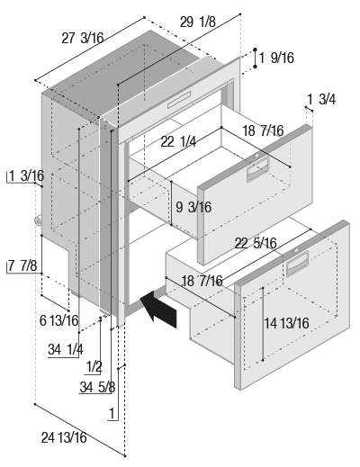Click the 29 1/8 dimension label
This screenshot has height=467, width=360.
click(x=198, y=22)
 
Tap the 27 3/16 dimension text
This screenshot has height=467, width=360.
click(x=83, y=39)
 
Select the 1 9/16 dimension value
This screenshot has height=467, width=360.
click(x=276, y=58)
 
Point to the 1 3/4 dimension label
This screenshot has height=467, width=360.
click(x=321, y=99)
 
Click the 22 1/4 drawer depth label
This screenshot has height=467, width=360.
click(x=178, y=141)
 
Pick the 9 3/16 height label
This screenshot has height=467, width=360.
click(x=193, y=207)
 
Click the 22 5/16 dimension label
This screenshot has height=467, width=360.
click(x=256, y=243)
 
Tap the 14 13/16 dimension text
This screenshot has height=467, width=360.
click(x=286, y=323)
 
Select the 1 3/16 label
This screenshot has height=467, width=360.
click(x=27, y=175)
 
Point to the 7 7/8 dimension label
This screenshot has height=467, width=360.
click(x=22, y=265)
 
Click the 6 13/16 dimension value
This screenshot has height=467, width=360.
click(x=59, y=320)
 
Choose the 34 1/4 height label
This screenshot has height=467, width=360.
click(x=66, y=349)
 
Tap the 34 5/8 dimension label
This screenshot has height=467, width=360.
click(x=97, y=387)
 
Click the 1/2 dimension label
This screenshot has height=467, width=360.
click(x=94, y=367)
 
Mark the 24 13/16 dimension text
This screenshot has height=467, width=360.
click(x=64, y=437)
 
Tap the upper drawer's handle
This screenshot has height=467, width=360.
click(x=257, y=169)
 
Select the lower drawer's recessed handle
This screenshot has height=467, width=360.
click(x=297, y=264)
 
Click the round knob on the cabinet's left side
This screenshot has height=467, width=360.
click(x=38, y=221)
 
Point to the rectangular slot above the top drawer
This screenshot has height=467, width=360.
click(x=179, y=100)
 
